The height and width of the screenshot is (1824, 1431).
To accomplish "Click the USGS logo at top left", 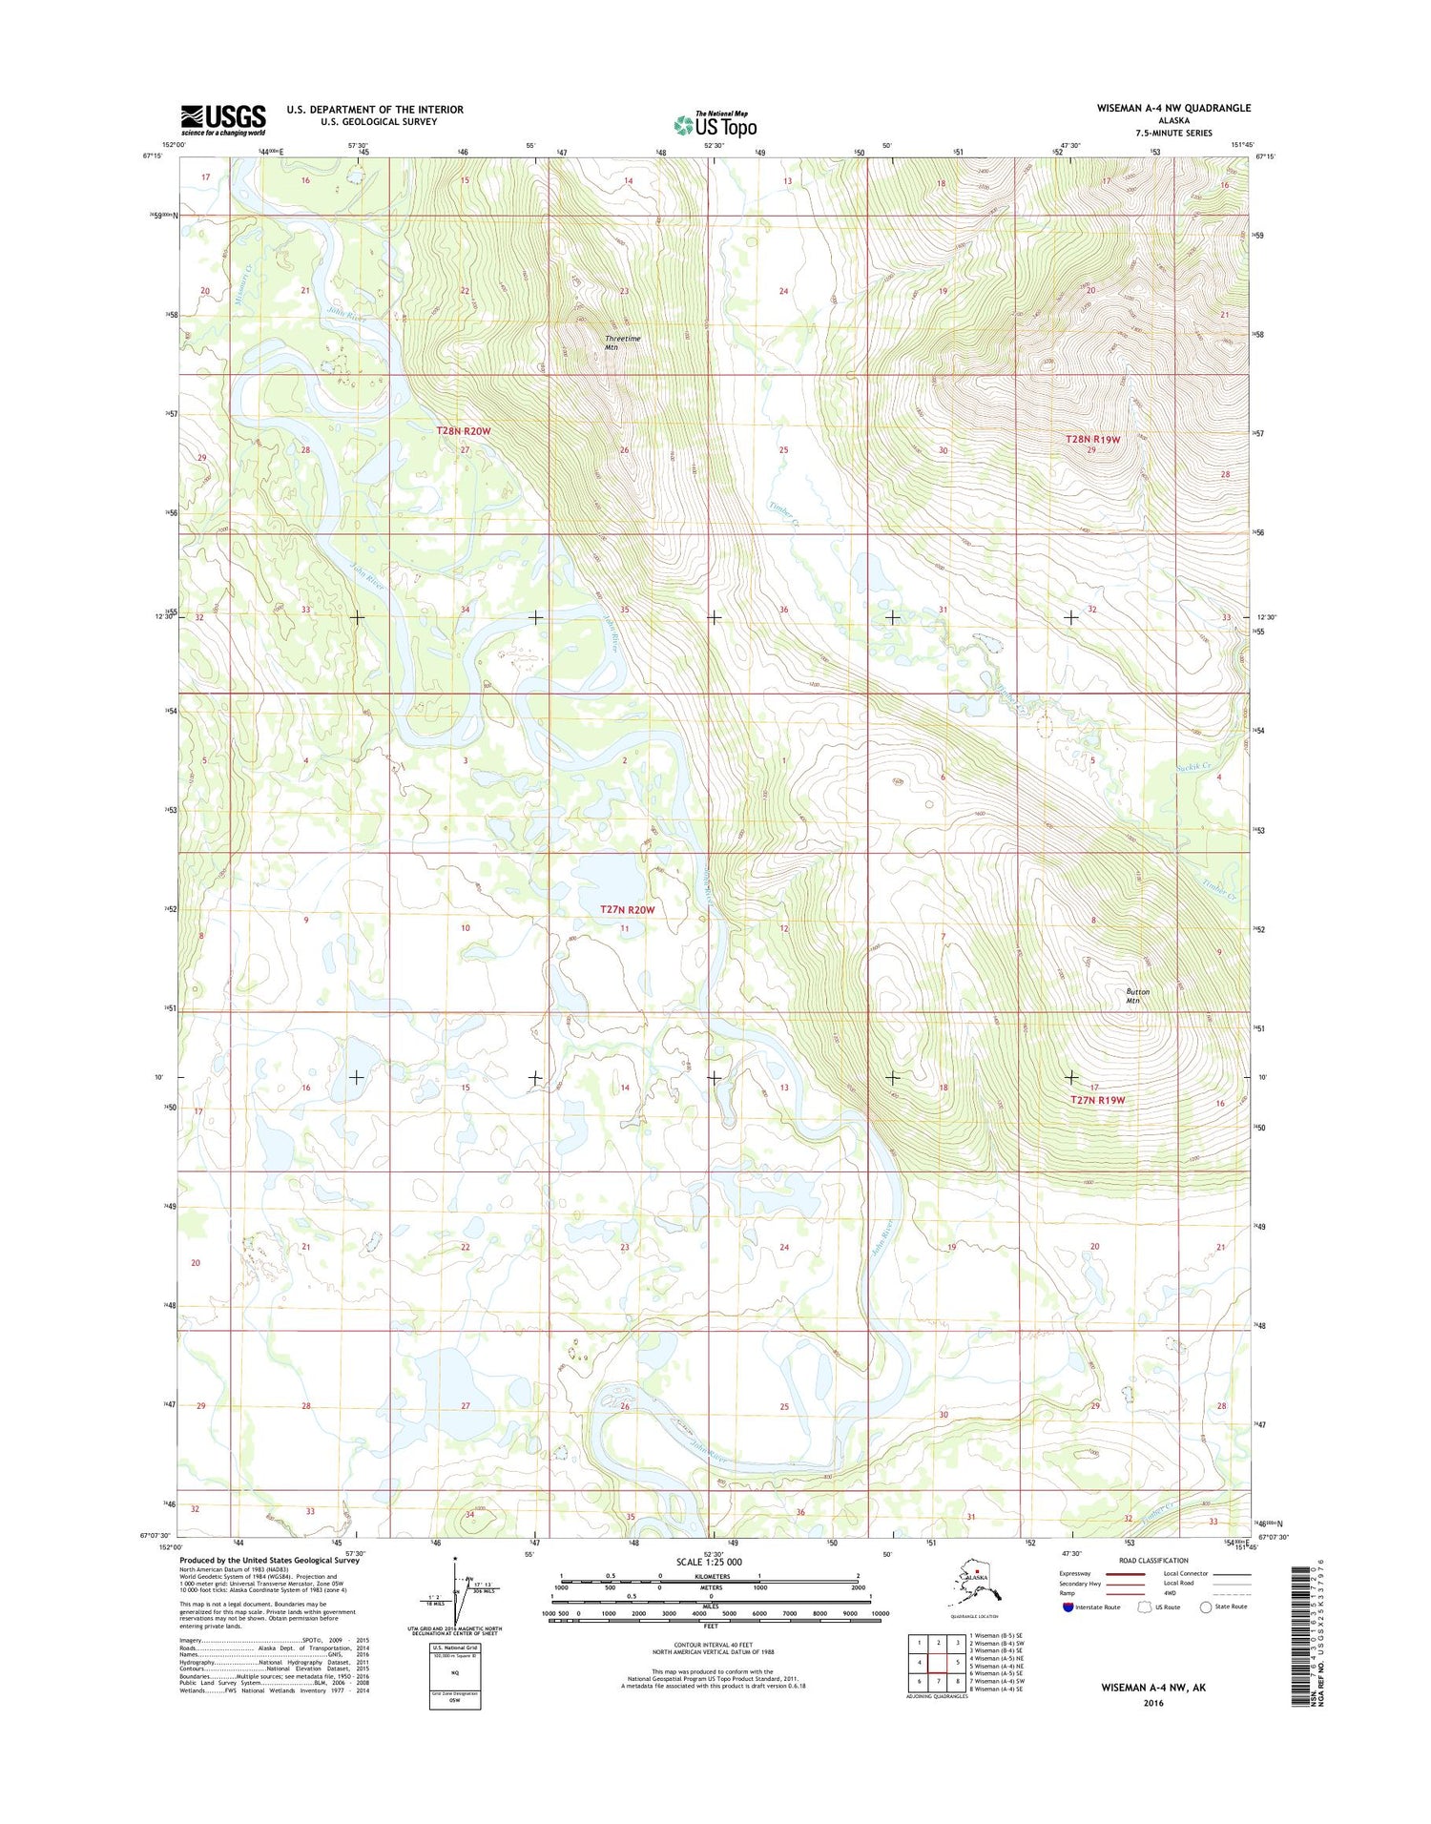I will [223, 119].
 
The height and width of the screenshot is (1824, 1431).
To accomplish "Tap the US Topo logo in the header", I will [715, 124].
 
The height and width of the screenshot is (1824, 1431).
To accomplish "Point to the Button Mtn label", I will [1137, 995].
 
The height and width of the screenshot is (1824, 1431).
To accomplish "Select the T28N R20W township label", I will [464, 431].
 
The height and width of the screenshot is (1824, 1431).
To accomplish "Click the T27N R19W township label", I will [1097, 1100].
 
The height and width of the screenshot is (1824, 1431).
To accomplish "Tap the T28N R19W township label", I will [1092, 439].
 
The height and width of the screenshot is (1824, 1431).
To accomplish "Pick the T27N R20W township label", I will [627, 909].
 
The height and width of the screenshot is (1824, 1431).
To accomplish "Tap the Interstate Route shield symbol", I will [1068, 1606].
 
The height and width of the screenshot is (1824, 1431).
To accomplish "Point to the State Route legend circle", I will [1206, 1606].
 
